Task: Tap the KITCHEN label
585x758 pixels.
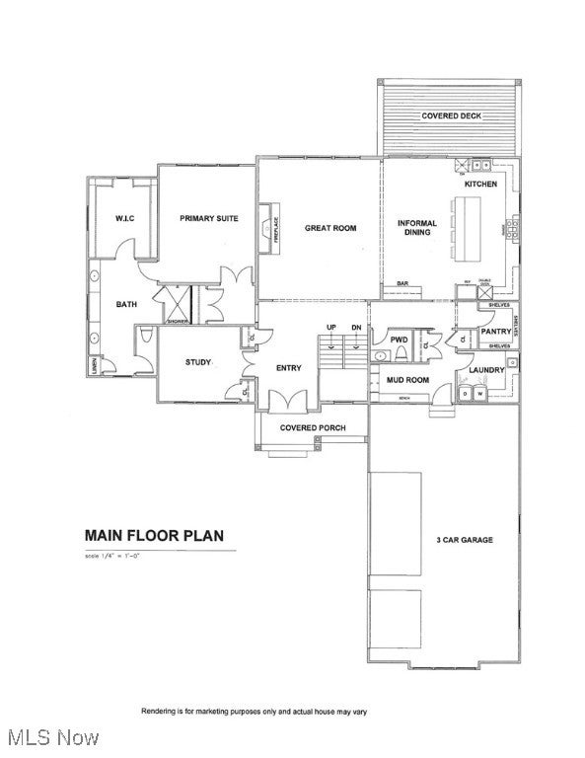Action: pos(480,185)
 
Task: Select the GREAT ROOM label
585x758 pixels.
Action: pos(330,228)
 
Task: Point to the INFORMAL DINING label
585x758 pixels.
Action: pos(417,228)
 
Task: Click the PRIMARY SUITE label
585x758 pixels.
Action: pos(208,218)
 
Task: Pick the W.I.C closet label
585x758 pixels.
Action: pos(124,218)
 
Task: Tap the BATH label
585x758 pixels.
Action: pos(126,304)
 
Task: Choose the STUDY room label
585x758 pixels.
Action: pos(198,362)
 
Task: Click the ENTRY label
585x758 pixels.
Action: pos(289,368)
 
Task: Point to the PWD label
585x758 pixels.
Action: pos(399,340)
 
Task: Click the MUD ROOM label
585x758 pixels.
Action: pos(406,379)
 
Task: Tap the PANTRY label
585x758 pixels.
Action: pos(495,332)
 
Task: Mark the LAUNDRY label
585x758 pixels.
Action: pos(486,370)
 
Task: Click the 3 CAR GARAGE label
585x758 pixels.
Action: pos(465,540)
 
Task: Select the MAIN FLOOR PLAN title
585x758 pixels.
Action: pos(154,536)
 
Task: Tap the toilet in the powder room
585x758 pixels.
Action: pos(381,354)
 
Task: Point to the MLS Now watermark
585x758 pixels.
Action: pos(49,737)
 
